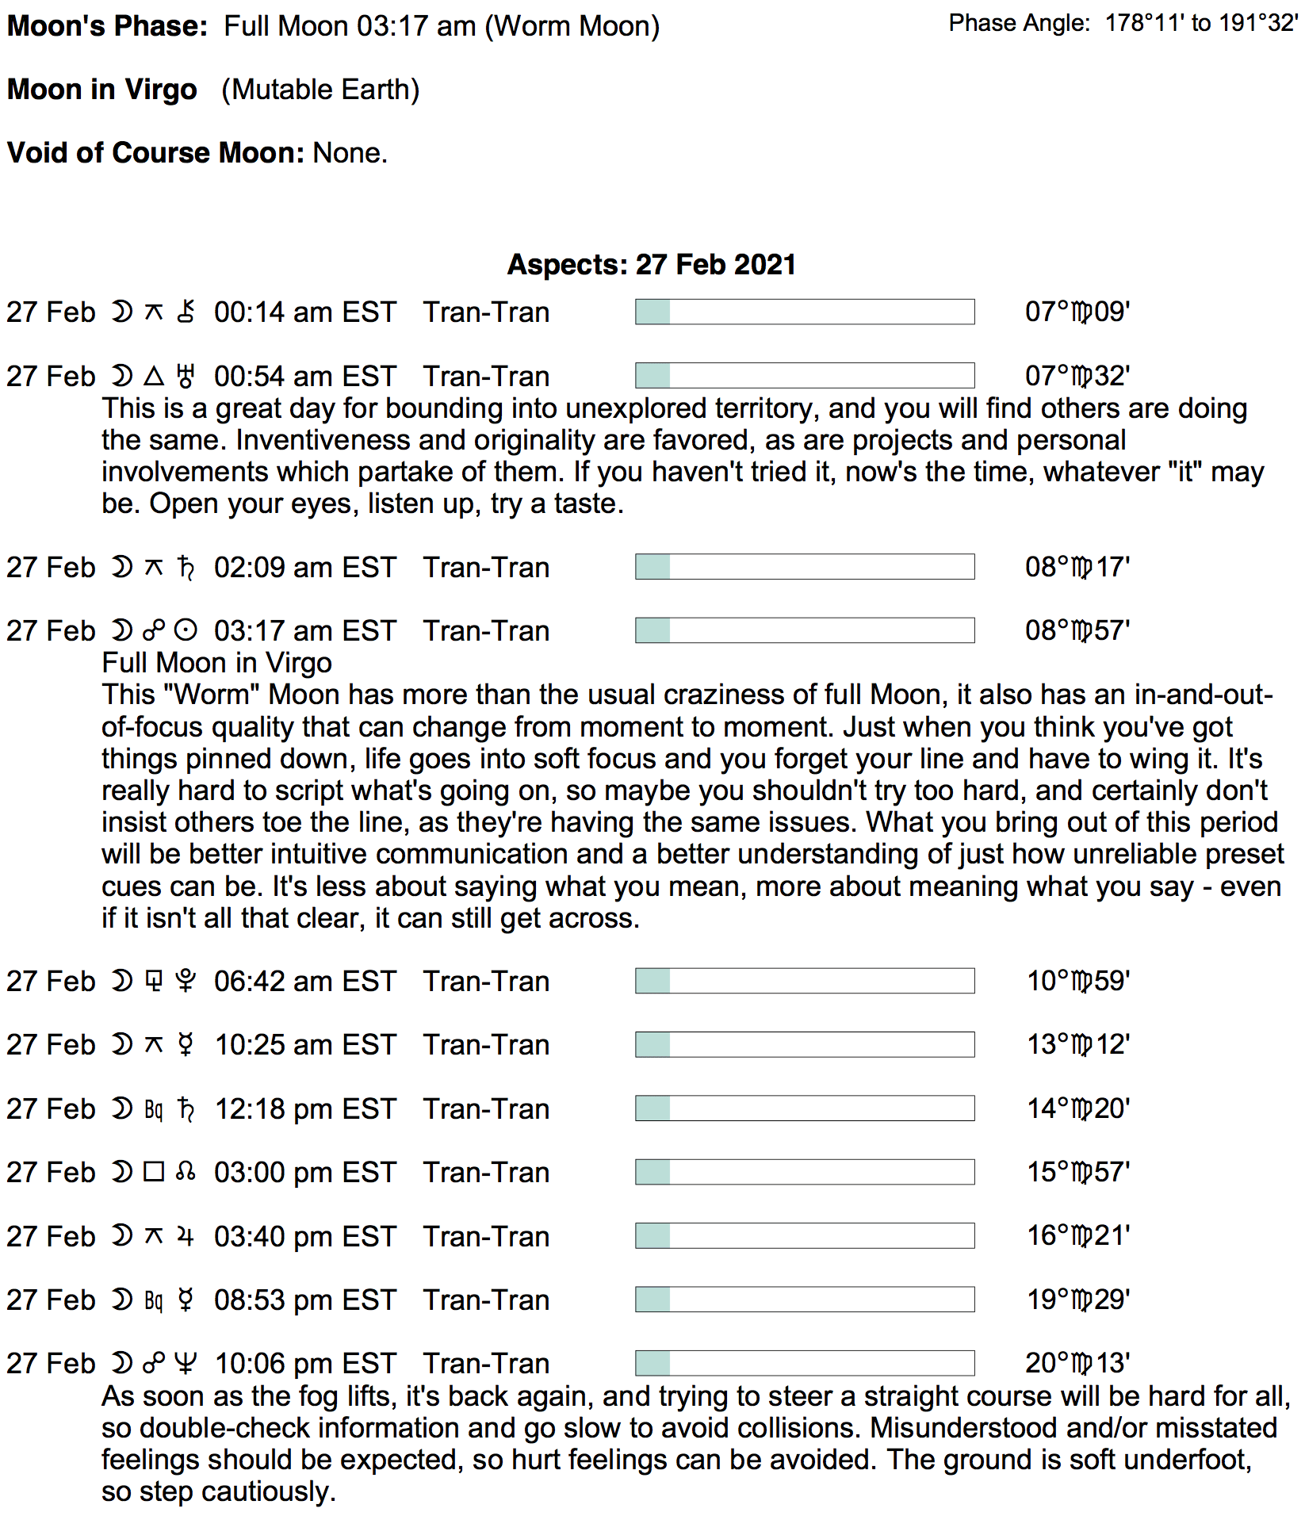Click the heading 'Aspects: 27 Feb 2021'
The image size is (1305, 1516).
point(652,264)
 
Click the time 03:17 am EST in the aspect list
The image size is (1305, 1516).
point(304,631)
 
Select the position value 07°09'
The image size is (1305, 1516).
point(1077,312)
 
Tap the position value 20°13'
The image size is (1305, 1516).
point(1077,1363)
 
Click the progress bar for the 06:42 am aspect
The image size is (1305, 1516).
point(805,981)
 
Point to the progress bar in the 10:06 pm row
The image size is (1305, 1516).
point(805,1363)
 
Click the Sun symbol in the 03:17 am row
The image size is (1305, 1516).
point(186,631)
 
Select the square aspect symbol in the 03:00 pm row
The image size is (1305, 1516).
point(154,1172)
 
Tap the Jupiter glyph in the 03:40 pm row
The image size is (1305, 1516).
point(186,1236)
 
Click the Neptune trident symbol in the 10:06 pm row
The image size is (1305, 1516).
point(186,1363)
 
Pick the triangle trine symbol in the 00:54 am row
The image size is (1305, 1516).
point(154,376)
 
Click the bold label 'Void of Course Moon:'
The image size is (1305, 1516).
point(156,152)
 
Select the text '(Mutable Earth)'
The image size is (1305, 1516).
point(320,90)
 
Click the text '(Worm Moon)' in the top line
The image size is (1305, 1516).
point(572,26)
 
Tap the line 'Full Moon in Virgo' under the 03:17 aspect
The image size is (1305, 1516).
point(216,663)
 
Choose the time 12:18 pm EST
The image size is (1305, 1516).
point(305,1108)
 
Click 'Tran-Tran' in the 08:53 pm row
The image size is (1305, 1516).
point(486,1300)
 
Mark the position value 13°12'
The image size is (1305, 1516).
point(1078,1044)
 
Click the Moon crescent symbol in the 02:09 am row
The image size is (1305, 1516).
point(121,567)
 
